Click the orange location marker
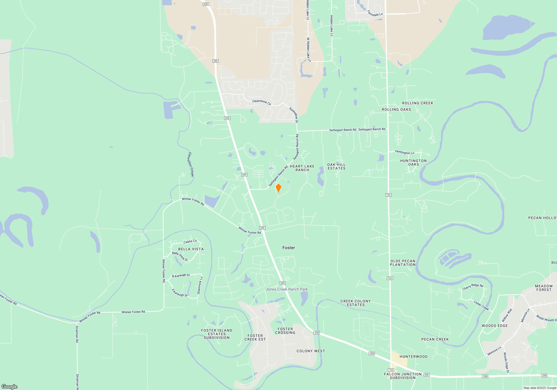(x=278, y=188)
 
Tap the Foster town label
(x=289, y=248)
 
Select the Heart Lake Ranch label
(x=302, y=168)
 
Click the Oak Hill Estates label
(x=336, y=167)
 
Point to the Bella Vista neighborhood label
(x=191, y=249)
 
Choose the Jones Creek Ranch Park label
(x=287, y=289)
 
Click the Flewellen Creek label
(x=190, y=164)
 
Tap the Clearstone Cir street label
(x=262, y=102)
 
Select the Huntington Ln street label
(x=404, y=152)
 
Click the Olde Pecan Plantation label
(x=403, y=263)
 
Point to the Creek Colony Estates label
(x=356, y=303)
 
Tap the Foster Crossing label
(x=285, y=331)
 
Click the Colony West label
(x=311, y=351)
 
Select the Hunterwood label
(x=413, y=357)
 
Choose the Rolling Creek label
(x=417, y=103)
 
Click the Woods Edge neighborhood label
(x=495, y=326)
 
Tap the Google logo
(x=9, y=386)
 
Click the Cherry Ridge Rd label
(x=473, y=287)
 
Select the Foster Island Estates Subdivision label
(x=217, y=334)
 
